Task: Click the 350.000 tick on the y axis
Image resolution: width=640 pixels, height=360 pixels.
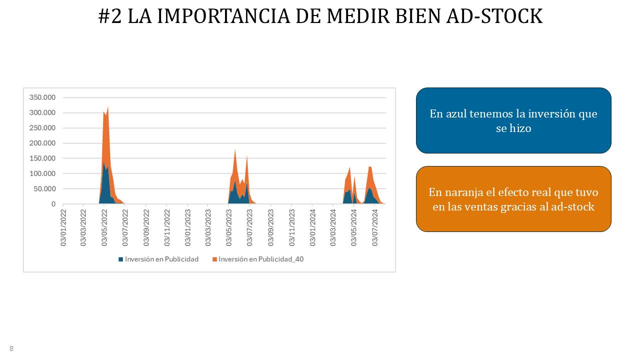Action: click(42, 97)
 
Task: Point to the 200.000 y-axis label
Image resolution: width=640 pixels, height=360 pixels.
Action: click(42, 143)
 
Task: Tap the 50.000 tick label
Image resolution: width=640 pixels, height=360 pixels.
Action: click(44, 189)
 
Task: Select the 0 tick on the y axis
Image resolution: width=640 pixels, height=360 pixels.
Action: click(53, 204)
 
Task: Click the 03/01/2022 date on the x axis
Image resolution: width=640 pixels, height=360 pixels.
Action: click(63, 227)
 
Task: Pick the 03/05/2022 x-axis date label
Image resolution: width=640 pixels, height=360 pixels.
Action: click(104, 227)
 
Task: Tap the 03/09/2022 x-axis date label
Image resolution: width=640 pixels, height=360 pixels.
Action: click(146, 227)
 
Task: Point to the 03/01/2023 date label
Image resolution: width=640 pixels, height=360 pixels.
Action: click(187, 227)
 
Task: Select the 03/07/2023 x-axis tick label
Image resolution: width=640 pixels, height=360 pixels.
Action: click(249, 227)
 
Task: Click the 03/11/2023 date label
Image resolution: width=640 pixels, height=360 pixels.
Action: click(291, 227)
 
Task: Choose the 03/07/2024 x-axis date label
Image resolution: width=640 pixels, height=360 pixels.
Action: click(374, 227)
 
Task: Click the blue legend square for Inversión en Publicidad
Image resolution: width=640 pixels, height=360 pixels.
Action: click(121, 259)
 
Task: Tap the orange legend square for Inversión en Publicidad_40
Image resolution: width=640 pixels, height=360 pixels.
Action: click(214, 259)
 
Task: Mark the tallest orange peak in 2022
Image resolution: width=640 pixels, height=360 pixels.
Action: click(107, 107)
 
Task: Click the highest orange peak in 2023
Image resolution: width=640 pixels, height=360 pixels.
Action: click(235, 150)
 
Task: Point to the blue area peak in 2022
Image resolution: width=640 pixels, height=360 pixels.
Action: click(103, 162)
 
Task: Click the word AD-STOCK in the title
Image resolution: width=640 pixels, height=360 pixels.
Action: click(494, 16)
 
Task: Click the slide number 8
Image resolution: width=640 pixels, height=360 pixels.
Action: click(11, 348)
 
